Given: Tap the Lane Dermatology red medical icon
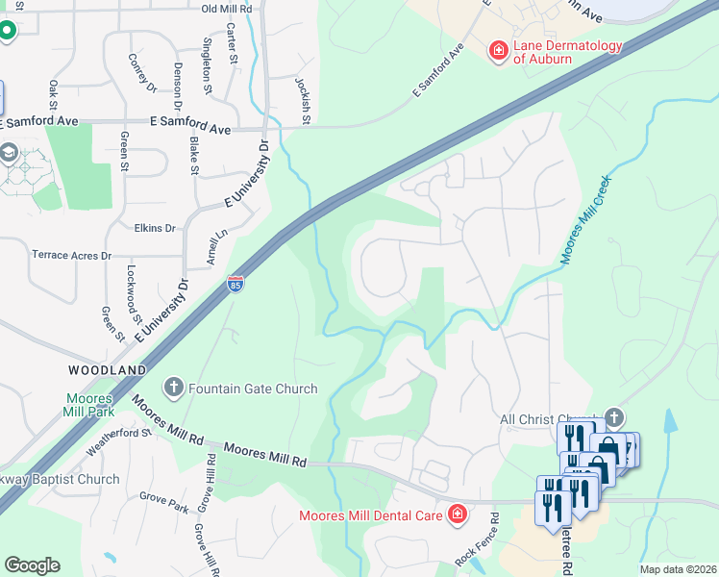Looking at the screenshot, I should (498, 50).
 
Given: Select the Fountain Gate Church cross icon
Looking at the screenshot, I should (174, 389).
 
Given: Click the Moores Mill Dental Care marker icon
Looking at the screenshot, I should (457, 514).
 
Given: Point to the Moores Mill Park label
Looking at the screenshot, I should (90, 405).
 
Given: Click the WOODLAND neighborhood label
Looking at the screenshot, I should (107, 369).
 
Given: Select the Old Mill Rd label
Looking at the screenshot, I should (227, 9).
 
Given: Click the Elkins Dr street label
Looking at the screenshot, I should (157, 229).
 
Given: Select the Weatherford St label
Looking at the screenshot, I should (119, 441).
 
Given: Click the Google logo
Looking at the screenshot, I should (32, 565).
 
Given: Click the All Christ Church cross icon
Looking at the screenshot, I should (614, 417).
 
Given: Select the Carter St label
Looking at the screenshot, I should (233, 45).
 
